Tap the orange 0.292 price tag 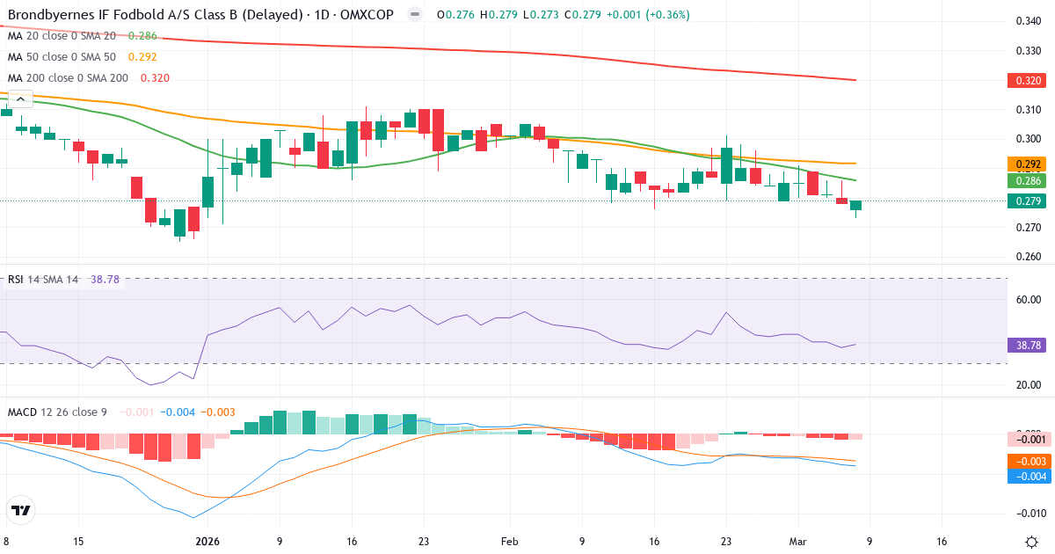point(1026,164)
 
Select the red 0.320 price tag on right point(1026,81)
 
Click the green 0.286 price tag point(1026,181)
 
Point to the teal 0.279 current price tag point(1026,201)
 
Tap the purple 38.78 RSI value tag point(1026,346)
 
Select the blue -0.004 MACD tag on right point(1026,476)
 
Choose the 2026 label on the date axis point(207,542)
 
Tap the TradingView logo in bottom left point(21,510)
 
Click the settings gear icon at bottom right point(1034,542)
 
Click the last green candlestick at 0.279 point(855,205)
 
